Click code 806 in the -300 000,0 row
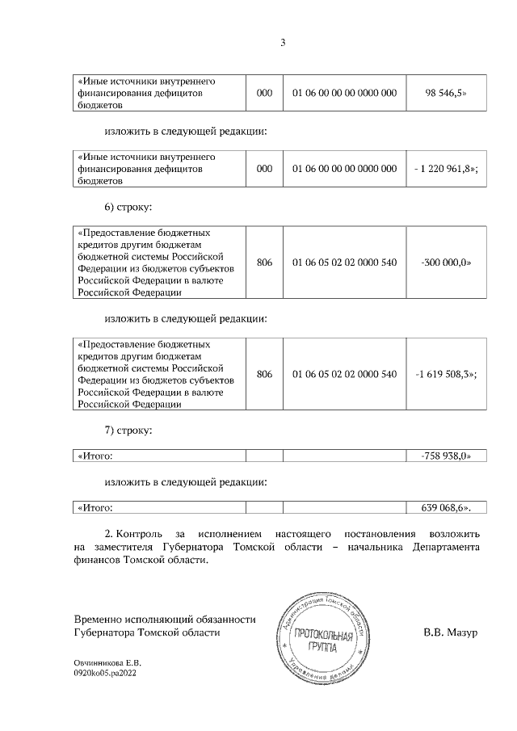[x=264, y=263]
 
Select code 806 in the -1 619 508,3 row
[x=264, y=375]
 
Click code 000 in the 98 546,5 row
[x=264, y=94]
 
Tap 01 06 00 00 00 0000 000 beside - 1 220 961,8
[x=344, y=168]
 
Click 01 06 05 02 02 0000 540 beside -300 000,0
[x=344, y=263]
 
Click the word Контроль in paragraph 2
[x=141, y=535]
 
